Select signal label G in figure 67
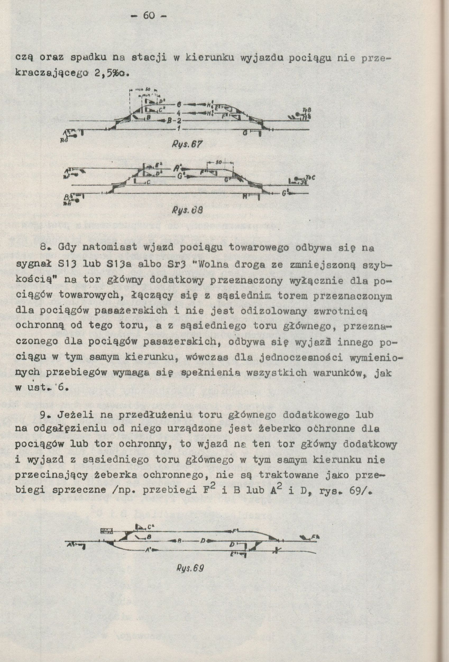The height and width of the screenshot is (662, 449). (245, 133)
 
